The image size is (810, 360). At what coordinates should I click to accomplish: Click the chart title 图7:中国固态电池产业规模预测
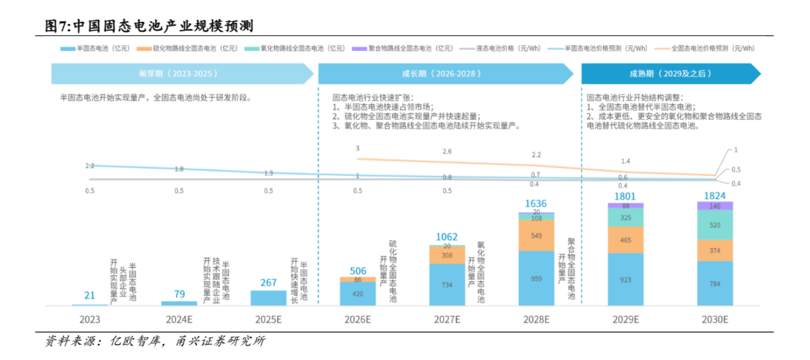(x=149, y=26)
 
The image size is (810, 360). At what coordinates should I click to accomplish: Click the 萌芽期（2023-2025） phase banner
(x=182, y=73)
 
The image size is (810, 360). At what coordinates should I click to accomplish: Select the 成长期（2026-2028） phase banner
(x=445, y=73)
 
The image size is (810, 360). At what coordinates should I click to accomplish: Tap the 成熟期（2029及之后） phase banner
(x=670, y=73)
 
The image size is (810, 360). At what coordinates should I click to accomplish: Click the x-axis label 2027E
(x=447, y=319)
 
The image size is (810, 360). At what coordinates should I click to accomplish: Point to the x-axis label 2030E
(x=715, y=319)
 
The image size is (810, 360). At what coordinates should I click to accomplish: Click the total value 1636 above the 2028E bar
(x=536, y=204)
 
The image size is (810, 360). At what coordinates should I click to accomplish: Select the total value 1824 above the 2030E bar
(x=715, y=196)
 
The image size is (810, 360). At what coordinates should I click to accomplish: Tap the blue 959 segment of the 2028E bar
(x=536, y=278)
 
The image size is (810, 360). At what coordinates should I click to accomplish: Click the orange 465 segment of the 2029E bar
(x=625, y=240)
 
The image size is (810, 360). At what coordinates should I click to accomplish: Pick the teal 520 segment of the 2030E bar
(x=715, y=225)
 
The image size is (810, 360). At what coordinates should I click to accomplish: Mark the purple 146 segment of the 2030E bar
(x=715, y=206)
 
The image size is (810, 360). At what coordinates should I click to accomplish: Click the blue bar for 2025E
(x=268, y=298)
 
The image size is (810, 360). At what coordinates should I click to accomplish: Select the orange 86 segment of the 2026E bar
(x=358, y=279)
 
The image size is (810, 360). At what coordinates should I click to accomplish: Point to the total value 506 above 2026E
(x=358, y=271)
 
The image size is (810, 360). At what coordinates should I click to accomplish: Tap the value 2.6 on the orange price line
(x=447, y=152)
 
